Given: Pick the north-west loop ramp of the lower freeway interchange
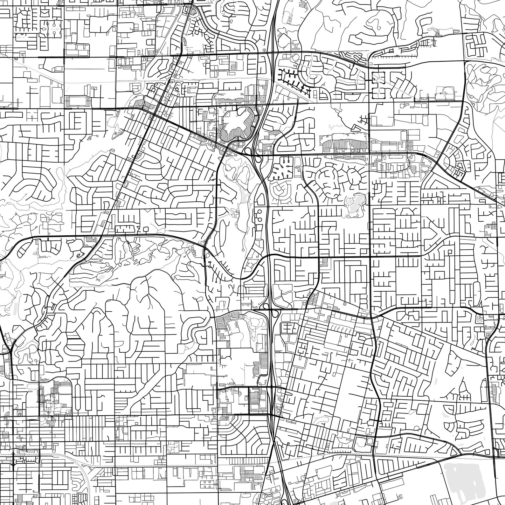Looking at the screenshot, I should tap(265, 306).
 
